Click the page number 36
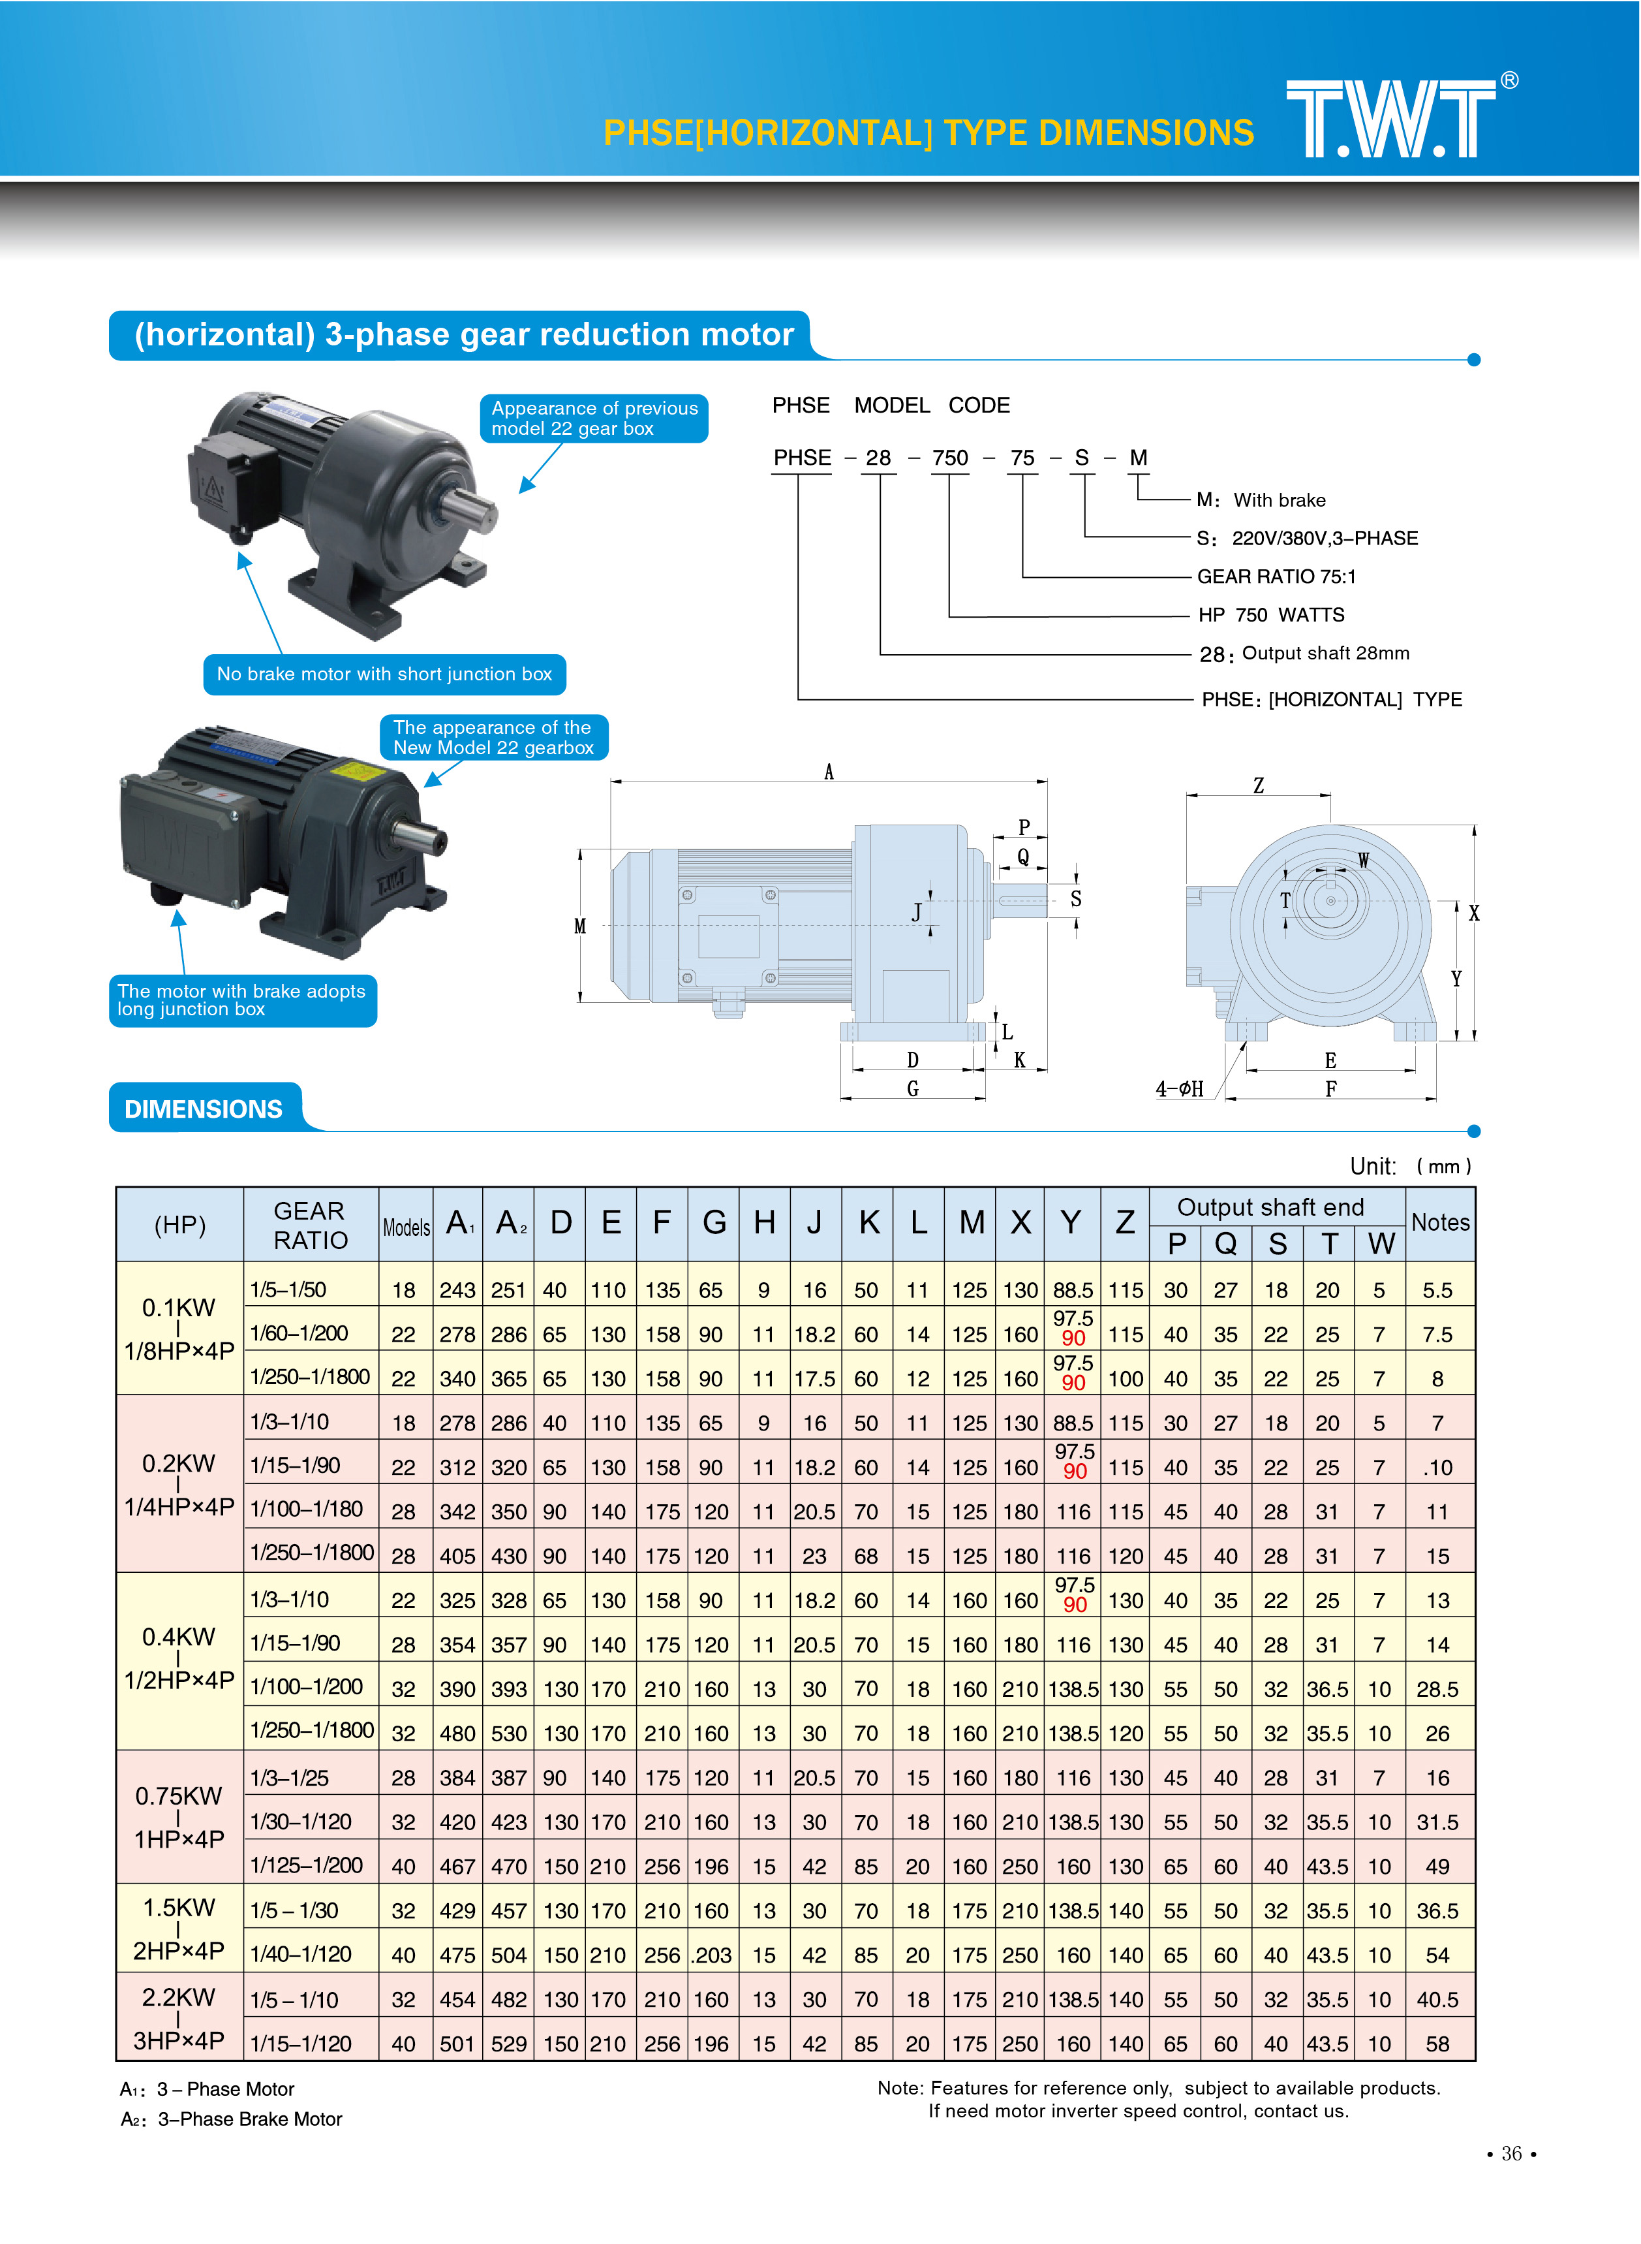pos(1511,2153)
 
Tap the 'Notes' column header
pos(1440,1222)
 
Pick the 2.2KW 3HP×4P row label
pos(179,2017)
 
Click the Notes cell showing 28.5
pos(1437,1690)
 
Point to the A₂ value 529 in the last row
pos(508,2044)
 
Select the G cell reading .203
pos(711,1956)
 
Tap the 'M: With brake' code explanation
pos(1261,500)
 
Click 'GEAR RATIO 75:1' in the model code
pos(1276,577)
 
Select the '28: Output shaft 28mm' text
pos(1304,654)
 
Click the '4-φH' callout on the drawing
pos(1179,1089)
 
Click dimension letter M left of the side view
pos(580,926)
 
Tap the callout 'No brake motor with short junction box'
pos(384,674)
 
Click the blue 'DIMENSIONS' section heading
pos(204,1109)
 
